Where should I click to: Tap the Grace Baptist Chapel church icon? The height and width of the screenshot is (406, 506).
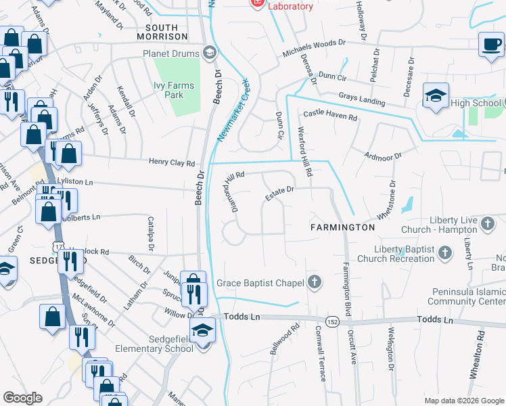tap(313, 282)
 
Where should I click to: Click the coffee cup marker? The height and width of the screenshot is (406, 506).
tap(491, 45)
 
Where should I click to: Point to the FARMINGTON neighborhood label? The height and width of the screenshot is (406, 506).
tap(342, 227)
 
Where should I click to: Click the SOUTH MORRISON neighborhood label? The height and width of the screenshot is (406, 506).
tap(162, 31)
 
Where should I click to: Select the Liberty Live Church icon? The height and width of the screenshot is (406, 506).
tap(488, 223)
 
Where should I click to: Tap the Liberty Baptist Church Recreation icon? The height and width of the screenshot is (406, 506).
tap(444, 253)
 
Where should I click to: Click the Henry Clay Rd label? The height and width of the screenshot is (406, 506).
tap(172, 162)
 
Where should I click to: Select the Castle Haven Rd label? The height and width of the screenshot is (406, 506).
tap(330, 115)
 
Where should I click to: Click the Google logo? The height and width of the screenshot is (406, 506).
tap(23, 398)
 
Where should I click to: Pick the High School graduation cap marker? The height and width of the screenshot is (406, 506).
tap(435, 95)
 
